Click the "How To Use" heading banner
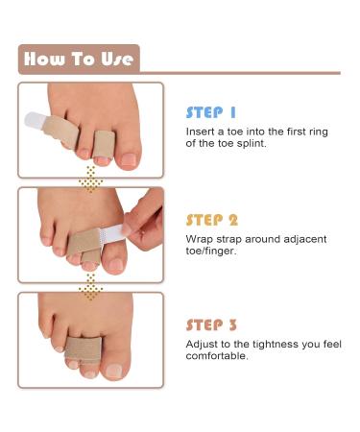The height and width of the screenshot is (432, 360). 79,60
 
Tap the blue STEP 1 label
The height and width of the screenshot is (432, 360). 211,112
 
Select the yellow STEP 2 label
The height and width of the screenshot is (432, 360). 212,220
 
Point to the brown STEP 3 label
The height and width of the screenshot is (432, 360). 211,325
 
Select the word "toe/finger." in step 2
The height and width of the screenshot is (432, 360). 211,251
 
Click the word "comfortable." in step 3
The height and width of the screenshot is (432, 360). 217,356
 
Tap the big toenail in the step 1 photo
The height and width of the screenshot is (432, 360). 129,159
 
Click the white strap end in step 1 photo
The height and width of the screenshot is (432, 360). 34,120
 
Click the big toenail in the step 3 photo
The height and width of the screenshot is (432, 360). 113,371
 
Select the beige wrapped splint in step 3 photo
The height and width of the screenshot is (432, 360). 84,349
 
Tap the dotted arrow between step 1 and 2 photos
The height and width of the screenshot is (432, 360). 91,180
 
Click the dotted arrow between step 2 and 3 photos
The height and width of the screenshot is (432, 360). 91,287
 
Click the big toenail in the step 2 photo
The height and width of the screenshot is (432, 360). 115,265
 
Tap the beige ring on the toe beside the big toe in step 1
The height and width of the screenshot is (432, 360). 104,144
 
